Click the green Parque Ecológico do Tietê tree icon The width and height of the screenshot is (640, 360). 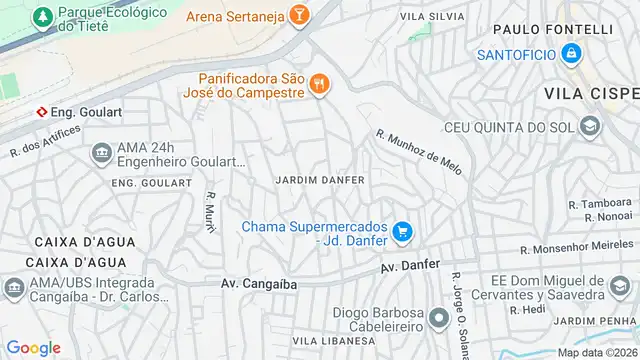42,17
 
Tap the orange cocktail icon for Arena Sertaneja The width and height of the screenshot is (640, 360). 297,15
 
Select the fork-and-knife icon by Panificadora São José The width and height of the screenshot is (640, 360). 319,84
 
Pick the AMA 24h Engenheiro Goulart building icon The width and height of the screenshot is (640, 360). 101,153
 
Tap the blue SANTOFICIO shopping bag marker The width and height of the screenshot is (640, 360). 571,53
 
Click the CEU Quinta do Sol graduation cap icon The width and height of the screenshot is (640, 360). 589,126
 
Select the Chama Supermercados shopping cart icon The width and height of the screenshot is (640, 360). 402,232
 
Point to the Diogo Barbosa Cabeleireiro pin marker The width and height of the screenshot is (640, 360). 438,318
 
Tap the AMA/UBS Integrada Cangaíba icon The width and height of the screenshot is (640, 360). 14,288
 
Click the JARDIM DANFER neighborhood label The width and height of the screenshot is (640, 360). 320,180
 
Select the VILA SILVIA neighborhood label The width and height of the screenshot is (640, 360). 432,17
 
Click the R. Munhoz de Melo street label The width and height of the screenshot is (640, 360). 420,152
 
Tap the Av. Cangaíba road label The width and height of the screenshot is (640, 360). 259,284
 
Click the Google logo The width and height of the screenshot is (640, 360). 33,347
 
